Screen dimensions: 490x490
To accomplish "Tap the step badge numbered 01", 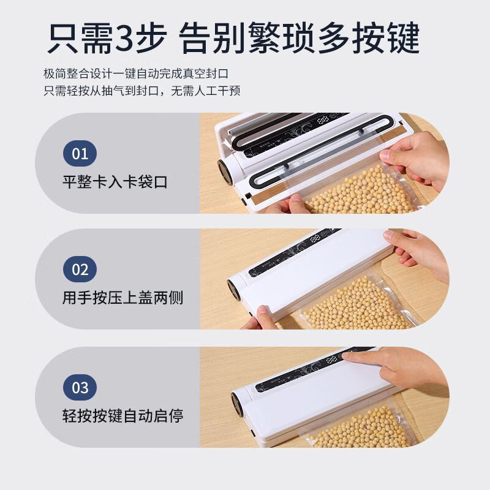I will click(x=80, y=153).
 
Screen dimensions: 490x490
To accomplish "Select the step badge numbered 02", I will click(x=80, y=269).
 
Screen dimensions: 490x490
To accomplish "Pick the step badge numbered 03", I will click(x=80, y=388).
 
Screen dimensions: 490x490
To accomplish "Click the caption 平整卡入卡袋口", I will click(x=115, y=182).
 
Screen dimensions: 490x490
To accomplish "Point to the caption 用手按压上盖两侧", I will click(x=123, y=298).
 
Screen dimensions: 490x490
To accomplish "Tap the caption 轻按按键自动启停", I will click(x=123, y=417).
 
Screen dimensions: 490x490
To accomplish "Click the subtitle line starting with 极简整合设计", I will click(x=136, y=73).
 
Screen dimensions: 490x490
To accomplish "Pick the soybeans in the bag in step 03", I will click(x=361, y=429).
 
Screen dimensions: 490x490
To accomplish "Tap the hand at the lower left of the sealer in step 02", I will click(x=260, y=317).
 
